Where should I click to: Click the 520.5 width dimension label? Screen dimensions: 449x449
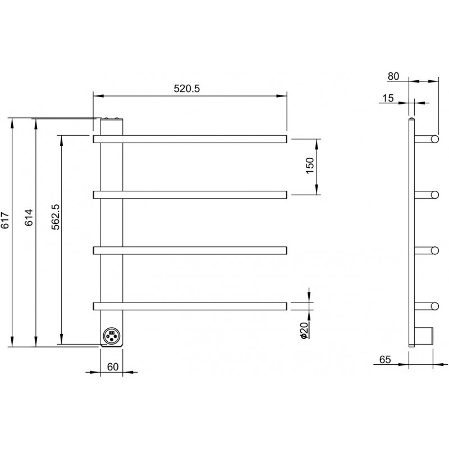click(186, 89)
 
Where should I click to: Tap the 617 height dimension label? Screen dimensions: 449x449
click(5, 220)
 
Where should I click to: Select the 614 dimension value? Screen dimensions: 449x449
click(29, 218)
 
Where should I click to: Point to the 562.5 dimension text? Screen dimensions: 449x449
click(55, 217)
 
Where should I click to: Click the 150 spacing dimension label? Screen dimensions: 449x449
click(310, 166)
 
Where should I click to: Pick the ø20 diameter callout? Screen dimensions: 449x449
click(304, 331)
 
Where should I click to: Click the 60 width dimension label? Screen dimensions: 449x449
click(113, 367)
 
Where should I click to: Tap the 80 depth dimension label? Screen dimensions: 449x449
click(393, 76)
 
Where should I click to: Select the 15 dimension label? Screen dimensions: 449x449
click(388, 98)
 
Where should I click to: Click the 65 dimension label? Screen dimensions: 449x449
click(385, 360)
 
